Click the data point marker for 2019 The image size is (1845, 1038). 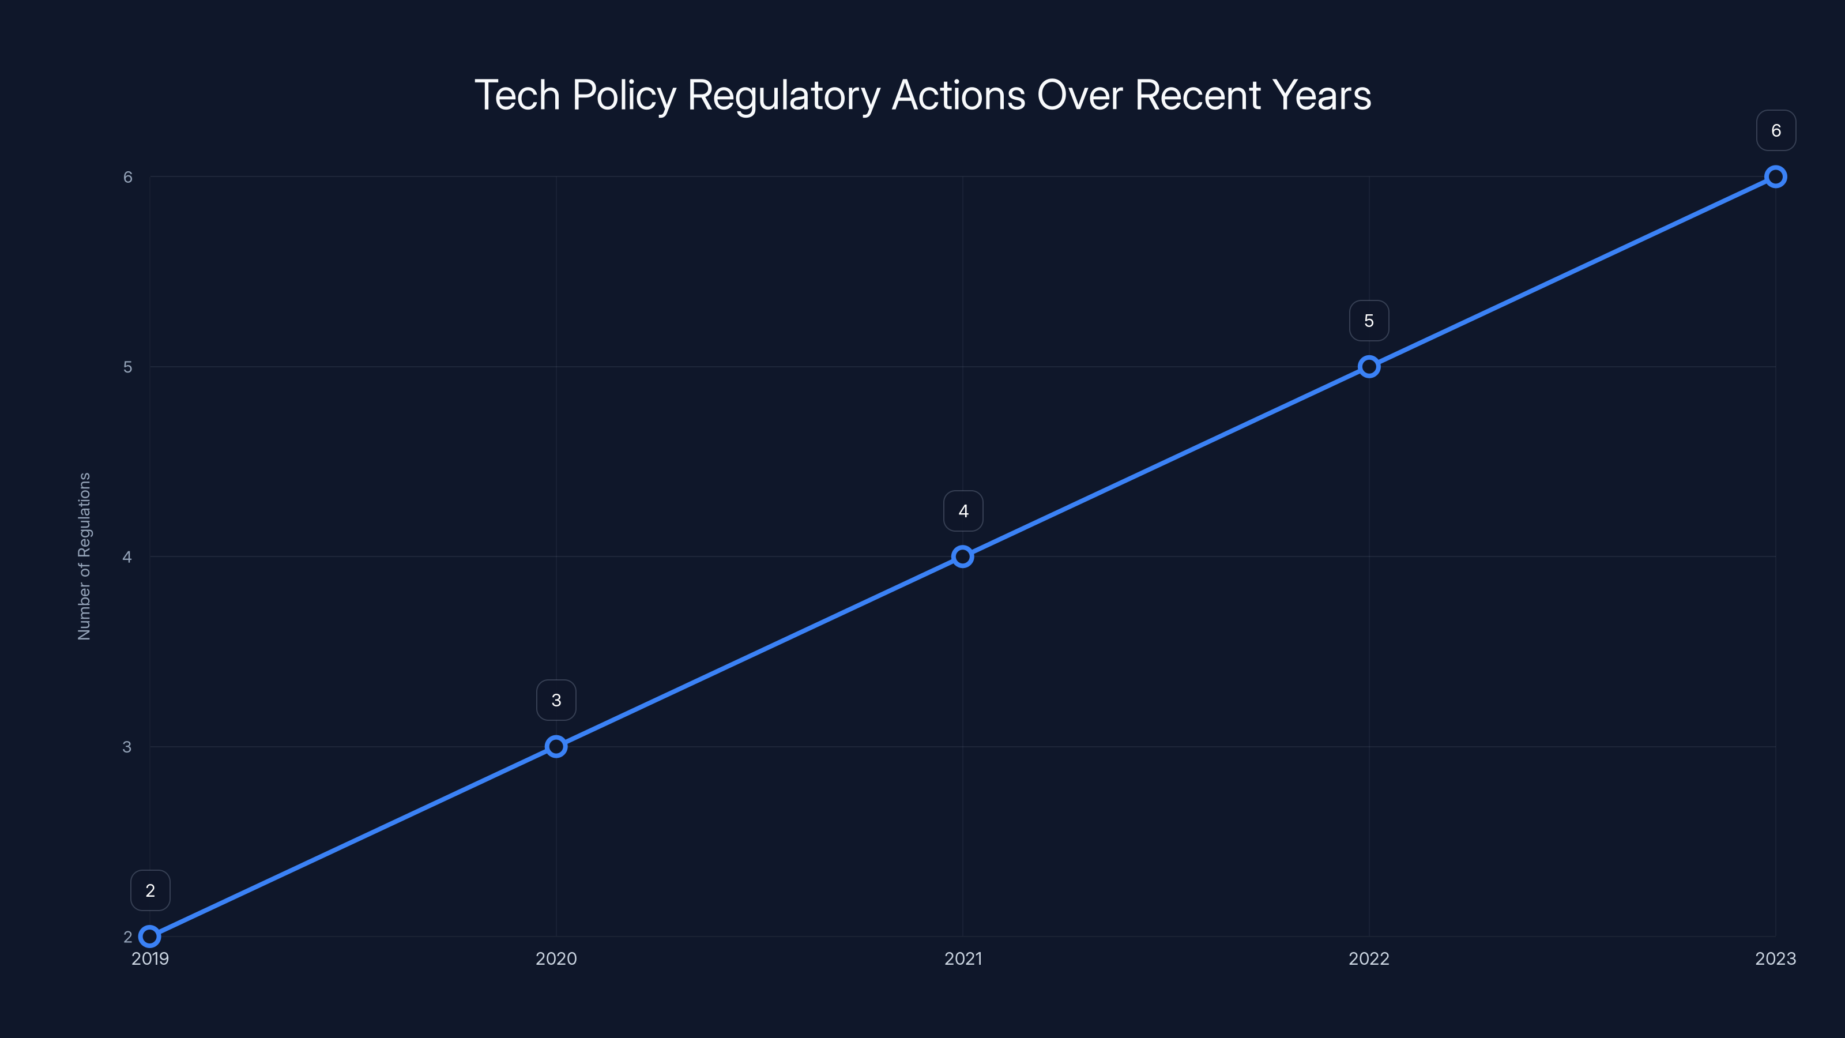(x=150, y=937)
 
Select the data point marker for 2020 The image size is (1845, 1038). (x=556, y=746)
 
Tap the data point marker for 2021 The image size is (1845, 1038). (x=963, y=556)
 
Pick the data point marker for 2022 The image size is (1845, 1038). (x=1369, y=367)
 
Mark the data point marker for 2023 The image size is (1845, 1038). (x=1776, y=177)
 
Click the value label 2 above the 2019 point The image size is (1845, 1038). (x=150, y=890)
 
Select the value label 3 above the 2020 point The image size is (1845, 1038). (x=556, y=700)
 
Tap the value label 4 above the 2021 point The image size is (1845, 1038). (x=963, y=511)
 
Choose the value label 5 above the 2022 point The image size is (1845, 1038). (x=1369, y=321)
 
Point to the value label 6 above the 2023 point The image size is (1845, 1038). (x=1776, y=130)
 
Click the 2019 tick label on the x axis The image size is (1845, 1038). (x=150, y=958)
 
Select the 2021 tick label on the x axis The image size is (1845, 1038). (x=963, y=958)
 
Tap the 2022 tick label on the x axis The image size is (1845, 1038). (x=1369, y=958)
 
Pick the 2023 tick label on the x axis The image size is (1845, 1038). (x=1776, y=958)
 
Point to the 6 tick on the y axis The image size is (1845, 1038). (x=128, y=177)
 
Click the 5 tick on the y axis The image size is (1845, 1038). (x=128, y=367)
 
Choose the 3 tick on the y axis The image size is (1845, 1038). (x=127, y=746)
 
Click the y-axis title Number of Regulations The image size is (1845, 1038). (x=85, y=556)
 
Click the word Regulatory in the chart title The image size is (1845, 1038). (x=784, y=96)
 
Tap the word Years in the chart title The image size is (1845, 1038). (x=1321, y=95)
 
